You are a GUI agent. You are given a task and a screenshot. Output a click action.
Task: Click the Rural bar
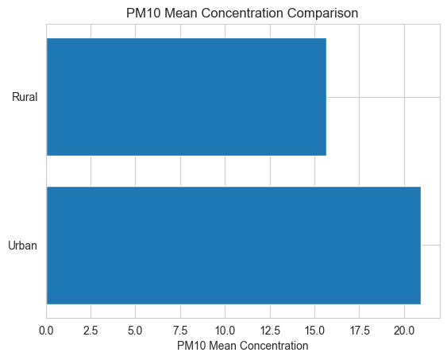pos(187,97)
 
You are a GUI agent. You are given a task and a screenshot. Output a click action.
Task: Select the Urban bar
pos(233,246)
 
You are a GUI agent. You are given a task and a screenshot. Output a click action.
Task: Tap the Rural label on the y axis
pos(25,97)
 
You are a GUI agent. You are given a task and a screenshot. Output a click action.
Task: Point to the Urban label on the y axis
pos(22,246)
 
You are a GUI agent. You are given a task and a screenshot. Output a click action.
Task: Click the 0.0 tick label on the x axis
pos(46,331)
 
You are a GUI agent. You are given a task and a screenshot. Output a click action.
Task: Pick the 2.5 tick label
pos(91,331)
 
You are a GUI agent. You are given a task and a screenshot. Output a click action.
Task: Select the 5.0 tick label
pos(135,331)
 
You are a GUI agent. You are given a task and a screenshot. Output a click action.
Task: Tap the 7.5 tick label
pos(180,331)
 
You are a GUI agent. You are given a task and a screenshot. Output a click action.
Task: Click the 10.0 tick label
pos(225,331)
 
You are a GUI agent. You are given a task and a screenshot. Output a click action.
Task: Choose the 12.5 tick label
pos(270,331)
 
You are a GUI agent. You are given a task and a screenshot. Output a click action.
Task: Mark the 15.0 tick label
pos(314,331)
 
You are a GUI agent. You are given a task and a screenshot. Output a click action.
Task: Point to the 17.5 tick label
pos(360,331)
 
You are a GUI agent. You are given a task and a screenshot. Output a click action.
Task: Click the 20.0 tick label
pos(404,331)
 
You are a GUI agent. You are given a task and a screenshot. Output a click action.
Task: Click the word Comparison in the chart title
pos(322,14)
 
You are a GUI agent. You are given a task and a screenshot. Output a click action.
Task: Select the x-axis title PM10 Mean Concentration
pos(243,346)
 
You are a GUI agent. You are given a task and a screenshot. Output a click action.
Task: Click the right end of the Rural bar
pos(326,97)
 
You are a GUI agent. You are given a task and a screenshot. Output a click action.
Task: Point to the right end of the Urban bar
pos(421,246)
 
